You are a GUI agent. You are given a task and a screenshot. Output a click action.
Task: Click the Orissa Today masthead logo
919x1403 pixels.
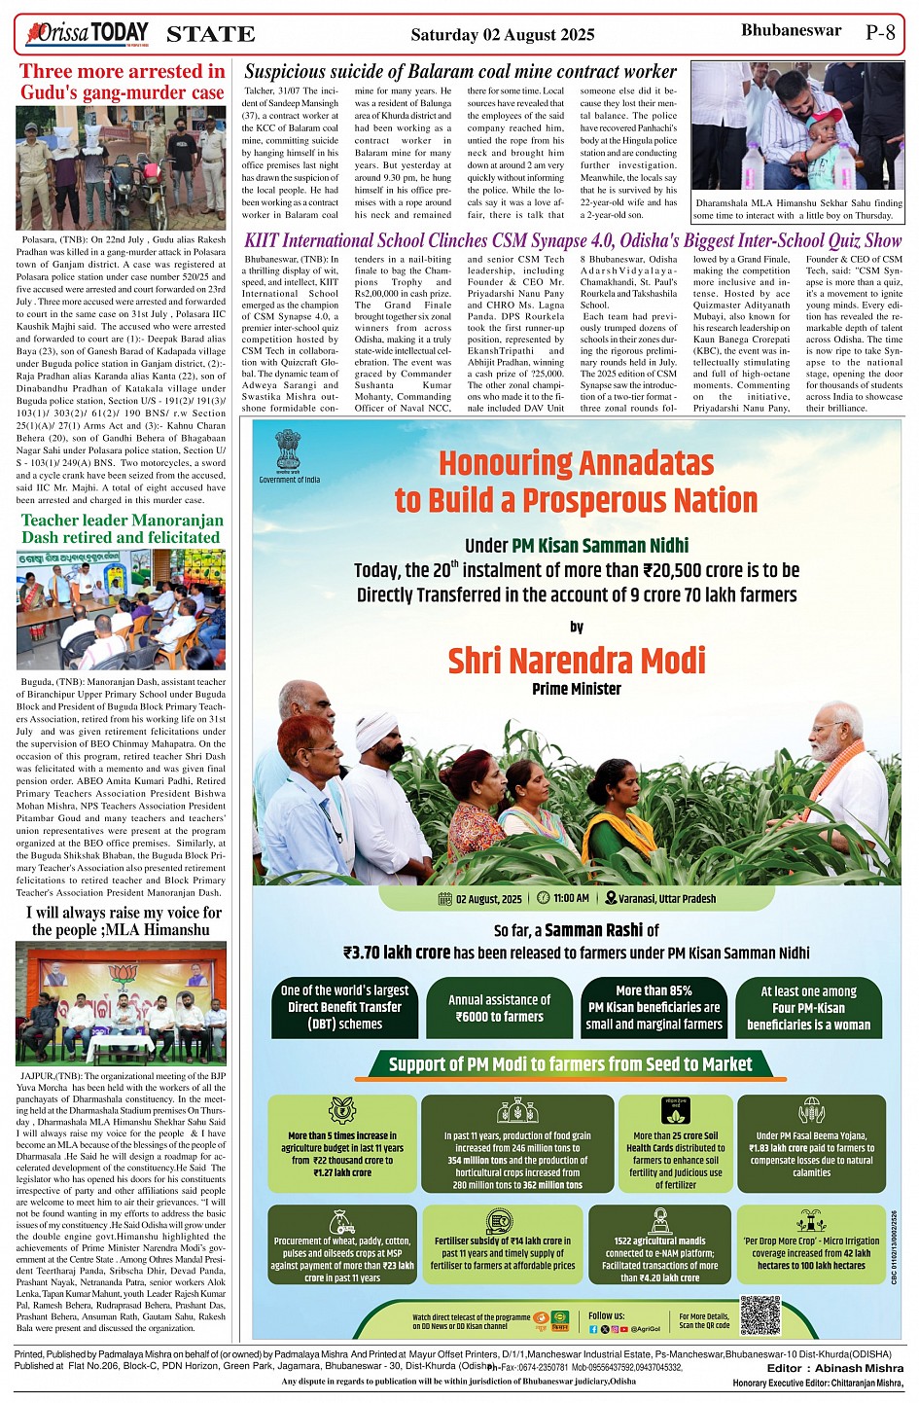click(x=88, y=34)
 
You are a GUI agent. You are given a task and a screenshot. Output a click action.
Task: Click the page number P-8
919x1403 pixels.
click(x=880, y=32)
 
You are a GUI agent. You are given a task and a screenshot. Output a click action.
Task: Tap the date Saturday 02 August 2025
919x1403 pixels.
click(x=502, y=35)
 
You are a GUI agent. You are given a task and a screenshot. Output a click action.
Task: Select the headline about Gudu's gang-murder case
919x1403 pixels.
click(x=122, y=82)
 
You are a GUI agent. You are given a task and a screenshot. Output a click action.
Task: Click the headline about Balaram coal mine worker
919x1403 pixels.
click(x=460, y=71)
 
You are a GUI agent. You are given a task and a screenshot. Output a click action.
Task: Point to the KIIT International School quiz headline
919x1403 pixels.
click(x=573, y=240)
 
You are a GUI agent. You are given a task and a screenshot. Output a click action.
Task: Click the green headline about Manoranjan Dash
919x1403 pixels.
click(x=122, y=528)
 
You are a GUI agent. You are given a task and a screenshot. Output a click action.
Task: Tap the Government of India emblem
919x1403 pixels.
click(x=289, y=451)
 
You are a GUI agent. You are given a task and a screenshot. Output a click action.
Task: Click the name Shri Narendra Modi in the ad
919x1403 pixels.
click(x=577, y=661)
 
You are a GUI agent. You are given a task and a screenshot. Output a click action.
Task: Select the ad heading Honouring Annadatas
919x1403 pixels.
click(x=576, y=482)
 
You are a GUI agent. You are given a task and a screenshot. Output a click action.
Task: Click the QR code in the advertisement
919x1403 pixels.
click(x=760, y=1315)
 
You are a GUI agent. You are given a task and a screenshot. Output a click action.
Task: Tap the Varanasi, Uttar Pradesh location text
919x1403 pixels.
click(x=660, y=899)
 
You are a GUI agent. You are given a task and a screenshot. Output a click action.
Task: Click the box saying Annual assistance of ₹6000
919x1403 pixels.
click(x=499, y=1008)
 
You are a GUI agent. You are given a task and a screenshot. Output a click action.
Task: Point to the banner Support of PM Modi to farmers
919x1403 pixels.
click(x=570, y=1064)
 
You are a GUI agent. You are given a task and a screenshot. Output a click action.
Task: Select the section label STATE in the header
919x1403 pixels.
click(x=211, y=35)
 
